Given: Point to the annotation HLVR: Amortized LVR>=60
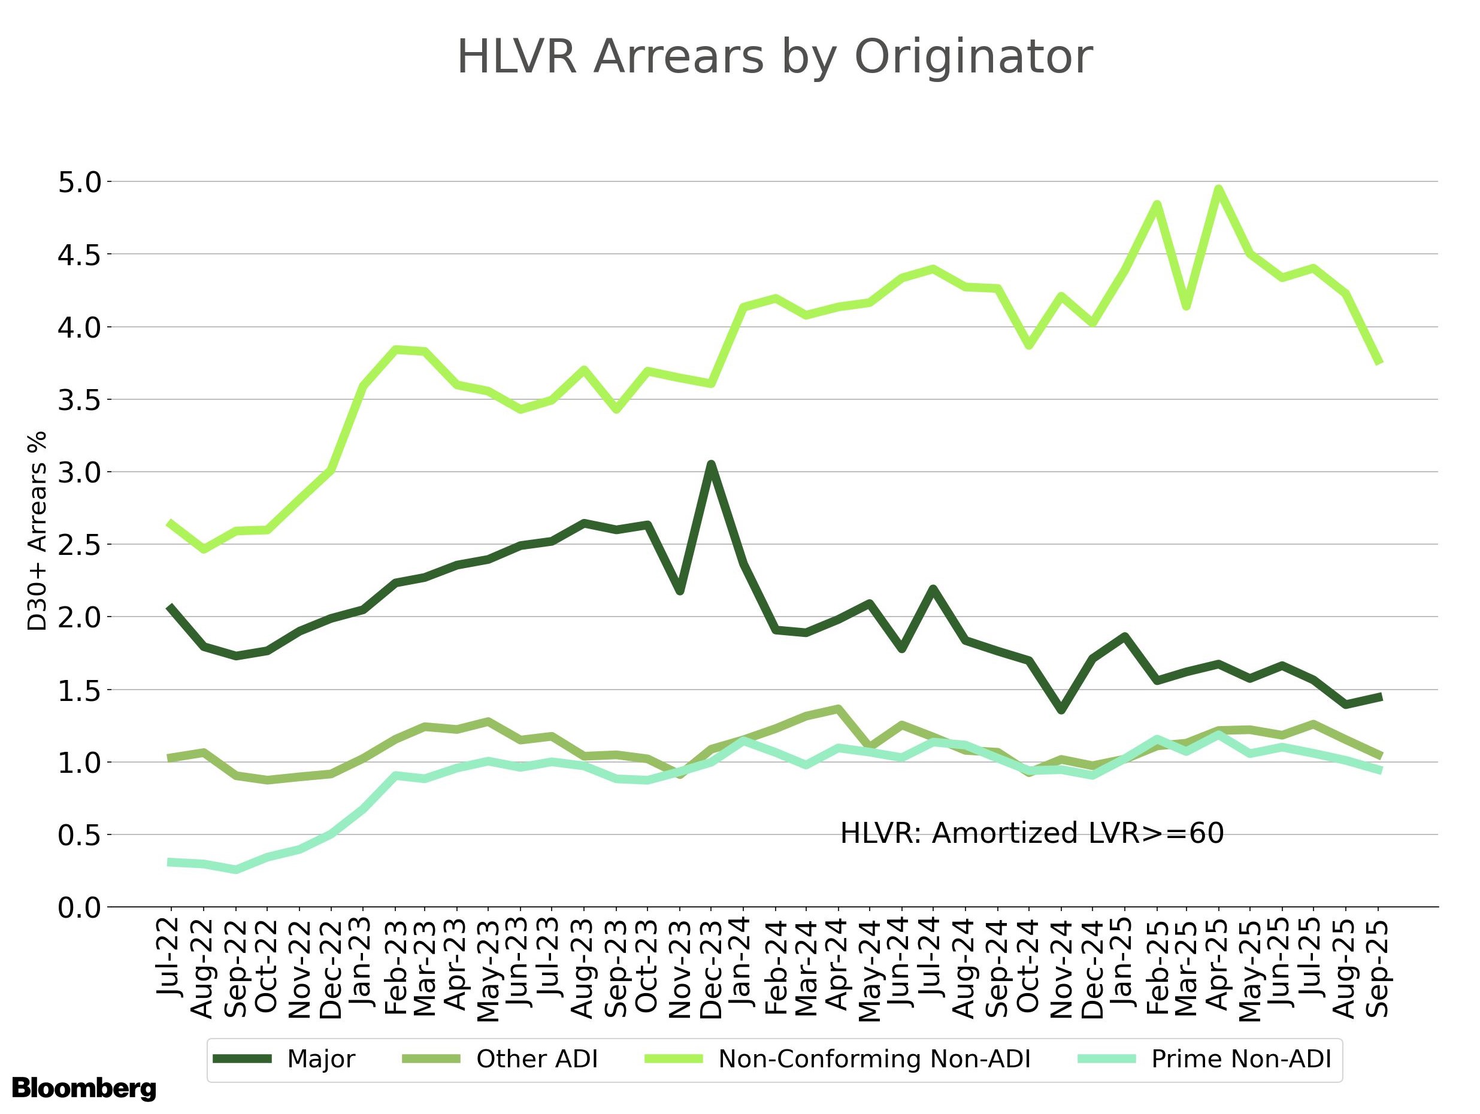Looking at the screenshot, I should (x=1032, y=834).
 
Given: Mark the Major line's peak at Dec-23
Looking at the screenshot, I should (x=711, y=463).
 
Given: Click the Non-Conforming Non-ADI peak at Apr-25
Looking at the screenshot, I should (x=1218, y=189).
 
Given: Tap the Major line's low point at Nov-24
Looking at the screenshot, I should (x=1061, y=710).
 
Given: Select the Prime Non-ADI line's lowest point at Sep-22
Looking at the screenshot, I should (x=235, y=870).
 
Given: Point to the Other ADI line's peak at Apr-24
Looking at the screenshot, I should (x=839, y=708).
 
